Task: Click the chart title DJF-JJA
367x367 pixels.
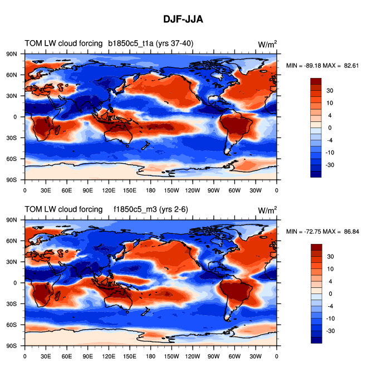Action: click(x=183, y=19)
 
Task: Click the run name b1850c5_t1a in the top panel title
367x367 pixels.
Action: click(x=130, y=43)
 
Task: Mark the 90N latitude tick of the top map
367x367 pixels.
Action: click(x=13, y=53)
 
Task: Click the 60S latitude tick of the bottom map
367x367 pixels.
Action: click(x=13, y=325)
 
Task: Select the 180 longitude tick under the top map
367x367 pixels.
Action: click(x=151, y=190)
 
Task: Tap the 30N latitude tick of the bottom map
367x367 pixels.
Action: click(x=13, y=261)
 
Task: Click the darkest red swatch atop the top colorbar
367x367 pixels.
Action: click(x=316, y=81)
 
